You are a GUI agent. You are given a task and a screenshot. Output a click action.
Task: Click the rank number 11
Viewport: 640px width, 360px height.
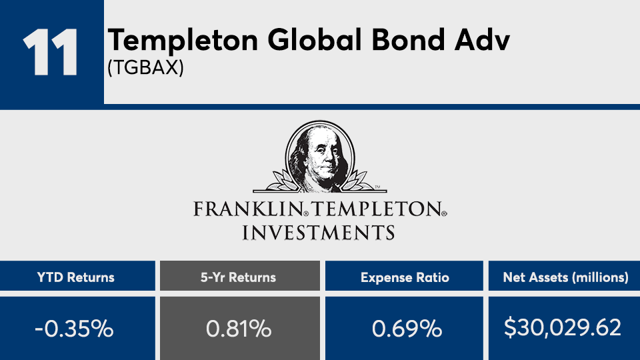(50, 52)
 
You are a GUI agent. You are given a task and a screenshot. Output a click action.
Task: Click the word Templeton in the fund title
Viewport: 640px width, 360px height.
(183, 41)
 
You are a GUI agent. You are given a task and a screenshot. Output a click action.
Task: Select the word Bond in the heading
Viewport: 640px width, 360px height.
(408, 40)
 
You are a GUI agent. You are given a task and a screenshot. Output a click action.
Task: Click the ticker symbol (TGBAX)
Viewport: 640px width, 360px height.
(146, 67)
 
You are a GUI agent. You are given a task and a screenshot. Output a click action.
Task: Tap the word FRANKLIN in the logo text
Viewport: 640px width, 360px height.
(247, 209)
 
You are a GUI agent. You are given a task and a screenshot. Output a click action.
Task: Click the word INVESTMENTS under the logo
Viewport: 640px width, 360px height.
(319, 232)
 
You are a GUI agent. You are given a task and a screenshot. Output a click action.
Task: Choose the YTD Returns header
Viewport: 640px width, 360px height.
(76, 277)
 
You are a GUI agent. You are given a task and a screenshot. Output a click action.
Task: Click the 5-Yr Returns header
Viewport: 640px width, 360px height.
(239, 277)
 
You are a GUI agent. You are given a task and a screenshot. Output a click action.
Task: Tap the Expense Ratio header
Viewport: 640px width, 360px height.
(405, 277)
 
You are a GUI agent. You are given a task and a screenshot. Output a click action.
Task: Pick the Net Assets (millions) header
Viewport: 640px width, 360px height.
(566, 277)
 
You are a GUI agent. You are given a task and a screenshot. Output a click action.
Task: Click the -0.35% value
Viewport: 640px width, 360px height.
(74, 329)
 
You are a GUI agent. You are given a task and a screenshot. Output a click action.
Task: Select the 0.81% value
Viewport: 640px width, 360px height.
(239, 329)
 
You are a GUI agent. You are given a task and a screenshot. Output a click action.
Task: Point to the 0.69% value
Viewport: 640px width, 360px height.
(407, 329)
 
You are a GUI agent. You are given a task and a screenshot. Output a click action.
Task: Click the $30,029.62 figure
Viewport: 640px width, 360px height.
(563, 328)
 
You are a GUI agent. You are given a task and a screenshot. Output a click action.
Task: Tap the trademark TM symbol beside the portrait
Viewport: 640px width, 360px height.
(377, 187)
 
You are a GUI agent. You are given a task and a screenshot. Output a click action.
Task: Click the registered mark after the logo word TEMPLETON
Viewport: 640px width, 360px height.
(445, 213)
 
